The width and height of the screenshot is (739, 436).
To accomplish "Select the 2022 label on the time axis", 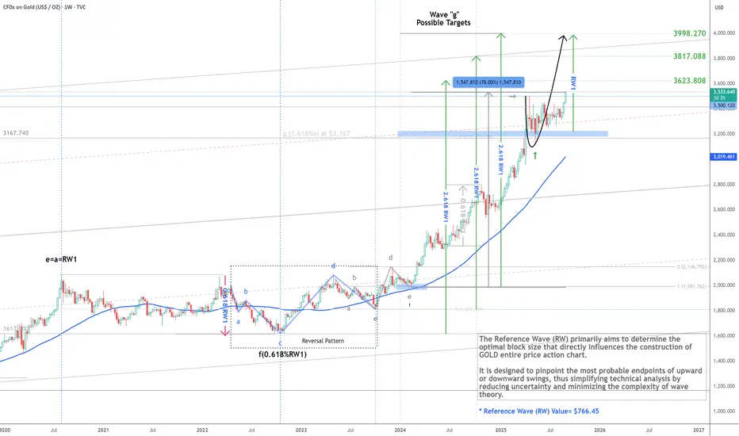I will pyautogui.click(x=202, y=430).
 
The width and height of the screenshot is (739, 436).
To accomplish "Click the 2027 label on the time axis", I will pyautogui.click(x=699, y=430).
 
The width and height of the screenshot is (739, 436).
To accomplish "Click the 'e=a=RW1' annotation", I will pyautogui.click(x=64, y=259).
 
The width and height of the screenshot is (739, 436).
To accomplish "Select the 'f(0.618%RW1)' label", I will pyautogui.click(x=281, y=354).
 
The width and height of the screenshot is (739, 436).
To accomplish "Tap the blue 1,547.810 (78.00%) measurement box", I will pyautogui.click(x=488, y=82).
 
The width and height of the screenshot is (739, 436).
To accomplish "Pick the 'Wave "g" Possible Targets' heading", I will pyautogui.click(x=444, y=18).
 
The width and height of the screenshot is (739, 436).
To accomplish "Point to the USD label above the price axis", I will pyautogui.click(x=719, y=8).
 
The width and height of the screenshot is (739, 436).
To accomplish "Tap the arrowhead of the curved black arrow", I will pyautogui.click(x=566, y=37).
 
